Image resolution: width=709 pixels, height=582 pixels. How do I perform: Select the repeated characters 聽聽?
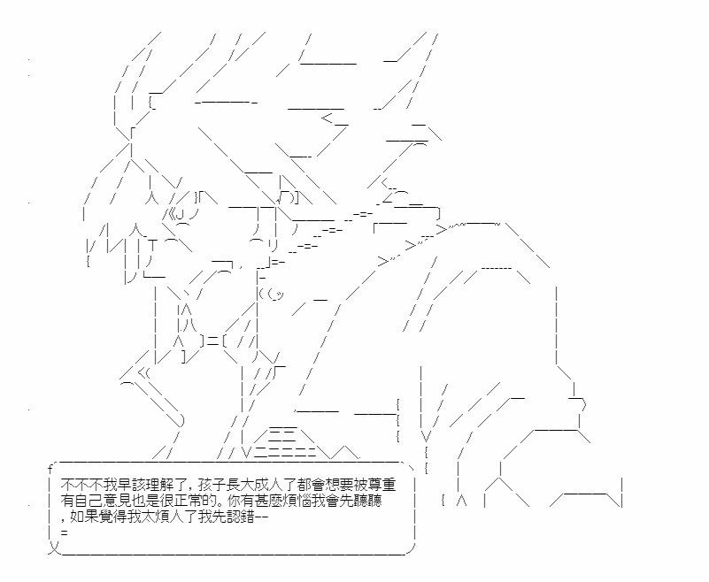371,501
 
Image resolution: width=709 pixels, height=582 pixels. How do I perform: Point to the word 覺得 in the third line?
107,516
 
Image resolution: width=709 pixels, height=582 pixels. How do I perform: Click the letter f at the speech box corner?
50,469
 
